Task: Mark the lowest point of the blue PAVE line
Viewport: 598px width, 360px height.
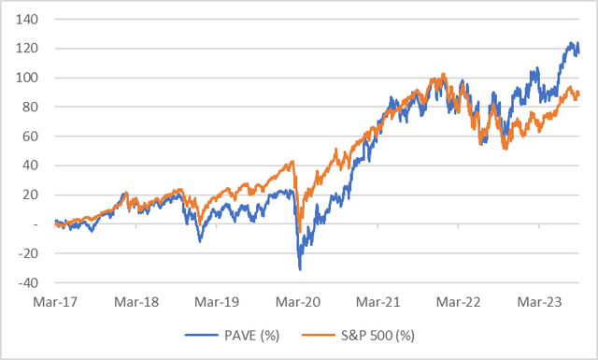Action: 300,269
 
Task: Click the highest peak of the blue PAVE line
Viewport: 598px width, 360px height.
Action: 572,43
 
